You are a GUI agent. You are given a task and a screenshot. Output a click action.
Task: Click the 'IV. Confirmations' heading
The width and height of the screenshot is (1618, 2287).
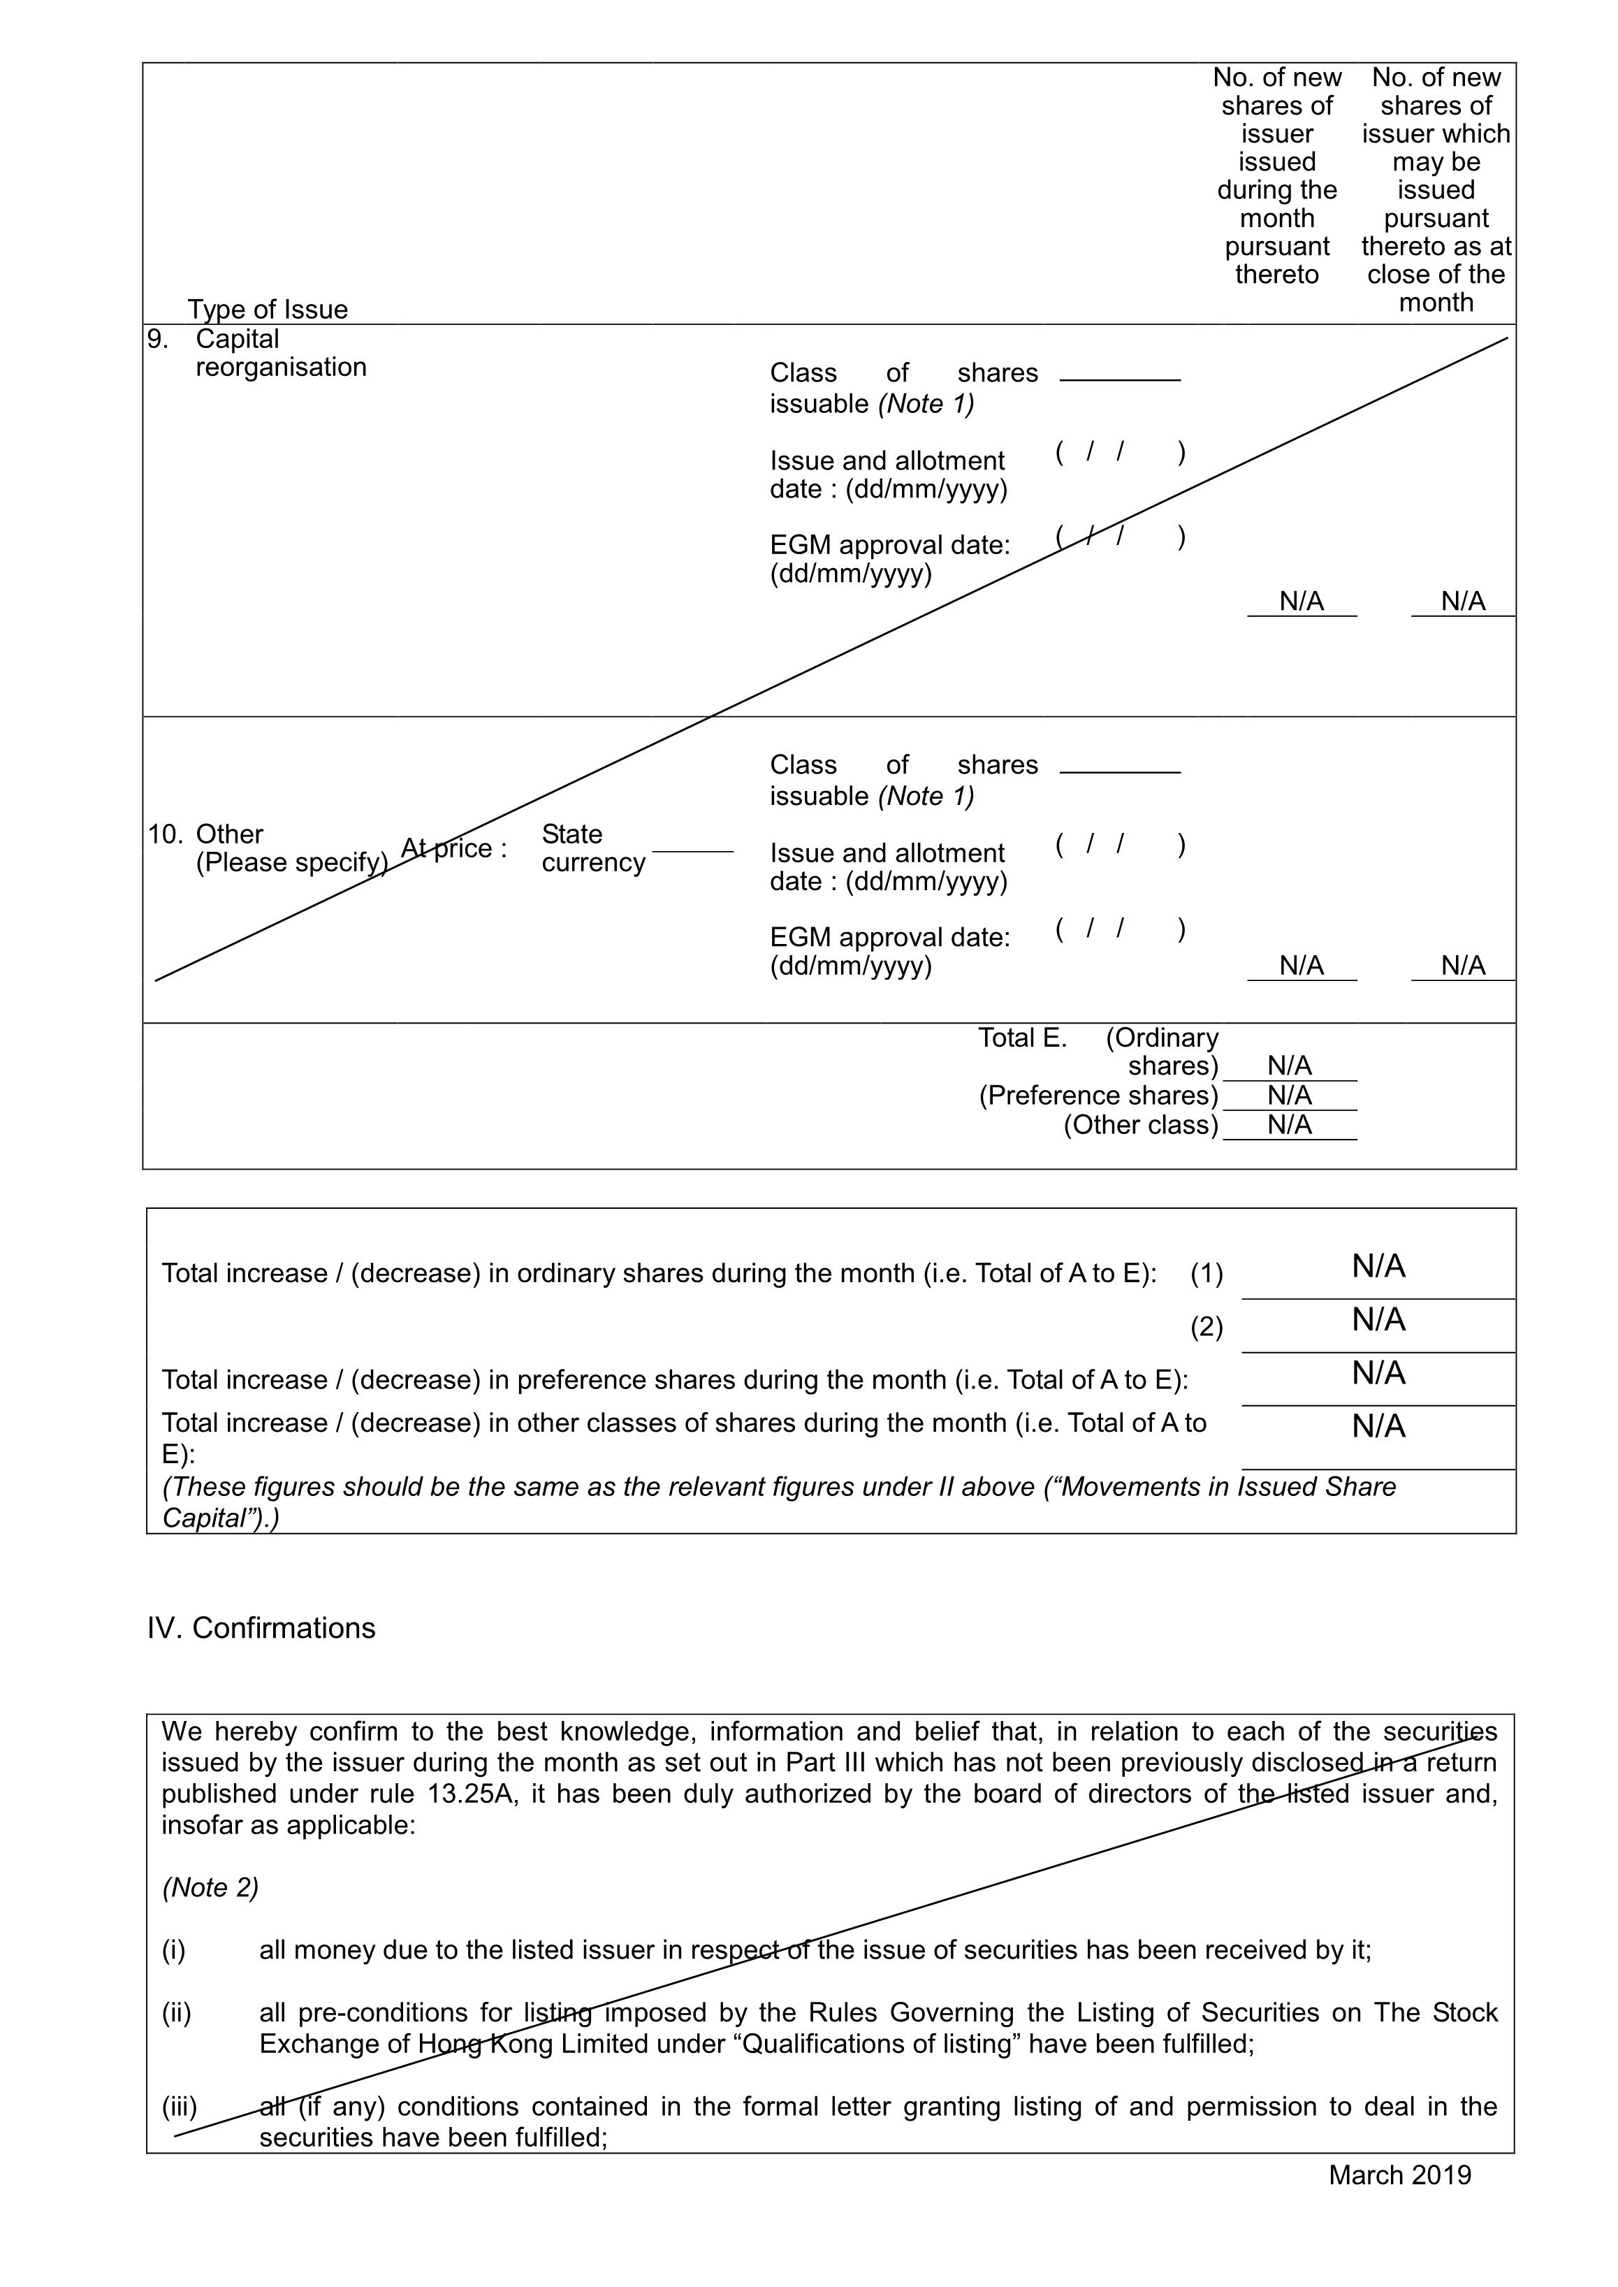click(261, 1627)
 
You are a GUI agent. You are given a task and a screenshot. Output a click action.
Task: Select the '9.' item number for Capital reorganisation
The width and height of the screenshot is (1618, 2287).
click(157, 339)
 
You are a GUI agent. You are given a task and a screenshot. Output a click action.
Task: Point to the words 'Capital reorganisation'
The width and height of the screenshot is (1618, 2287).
click(281, 353)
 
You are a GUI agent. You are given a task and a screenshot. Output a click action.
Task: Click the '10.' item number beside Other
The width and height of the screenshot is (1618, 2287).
click(166, 834)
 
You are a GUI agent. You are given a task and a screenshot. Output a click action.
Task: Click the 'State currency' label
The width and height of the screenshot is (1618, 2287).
click(593, 848)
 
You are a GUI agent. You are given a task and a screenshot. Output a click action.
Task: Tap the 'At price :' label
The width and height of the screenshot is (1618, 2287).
click(453, 848)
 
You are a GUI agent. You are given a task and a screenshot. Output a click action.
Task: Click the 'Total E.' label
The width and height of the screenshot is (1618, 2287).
click(1022, 1038)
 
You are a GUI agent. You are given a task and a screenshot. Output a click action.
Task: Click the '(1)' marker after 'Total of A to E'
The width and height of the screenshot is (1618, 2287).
click(1206, 1274)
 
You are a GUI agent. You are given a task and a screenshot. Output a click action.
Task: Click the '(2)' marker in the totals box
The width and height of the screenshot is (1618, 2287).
click(1206, 1328)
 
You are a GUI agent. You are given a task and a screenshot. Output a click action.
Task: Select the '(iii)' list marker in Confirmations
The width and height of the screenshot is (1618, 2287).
click(180, 2107)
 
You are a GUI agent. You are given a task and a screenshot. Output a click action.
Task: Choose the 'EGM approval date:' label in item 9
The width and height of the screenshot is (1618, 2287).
click(890, 545)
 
